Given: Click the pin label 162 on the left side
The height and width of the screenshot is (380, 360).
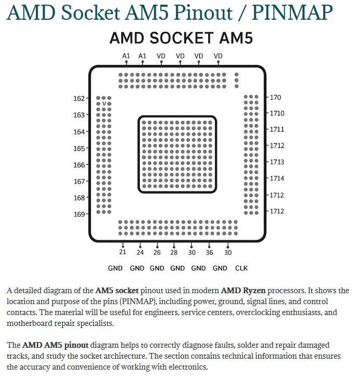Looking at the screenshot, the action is tap(79, 99).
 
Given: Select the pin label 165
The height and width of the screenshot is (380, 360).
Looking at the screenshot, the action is tap(79, 148).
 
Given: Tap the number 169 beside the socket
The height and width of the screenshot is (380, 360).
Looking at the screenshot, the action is tap(79, 214).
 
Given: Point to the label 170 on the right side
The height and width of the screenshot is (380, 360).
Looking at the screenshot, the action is tap(276, 97).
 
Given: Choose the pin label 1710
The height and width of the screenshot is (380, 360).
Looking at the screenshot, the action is tap(277, 113).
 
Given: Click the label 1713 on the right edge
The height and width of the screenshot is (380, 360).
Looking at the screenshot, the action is tap(277, 162).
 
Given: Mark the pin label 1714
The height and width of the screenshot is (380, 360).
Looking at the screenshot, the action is tap(277, 178).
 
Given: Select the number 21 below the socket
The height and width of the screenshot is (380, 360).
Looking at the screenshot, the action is tap(122, 252).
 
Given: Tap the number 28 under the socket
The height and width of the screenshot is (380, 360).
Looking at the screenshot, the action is tap(174, 253).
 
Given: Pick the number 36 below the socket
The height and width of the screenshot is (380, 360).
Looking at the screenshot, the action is tap(209, 253).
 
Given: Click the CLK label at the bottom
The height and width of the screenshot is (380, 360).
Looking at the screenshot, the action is tap(241, 268).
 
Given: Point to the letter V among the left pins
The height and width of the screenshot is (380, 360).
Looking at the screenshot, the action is tap(104, 104).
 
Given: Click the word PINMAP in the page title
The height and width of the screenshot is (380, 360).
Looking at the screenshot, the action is tap(292, 12).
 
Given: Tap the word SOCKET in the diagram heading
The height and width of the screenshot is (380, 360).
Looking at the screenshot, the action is tap(182, 38).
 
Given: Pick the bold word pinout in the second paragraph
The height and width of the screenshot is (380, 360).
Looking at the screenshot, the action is tap(76, 345).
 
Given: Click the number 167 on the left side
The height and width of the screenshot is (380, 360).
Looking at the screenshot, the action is tap(79, 181).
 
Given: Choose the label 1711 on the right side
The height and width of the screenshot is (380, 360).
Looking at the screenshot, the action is tap(277, 129).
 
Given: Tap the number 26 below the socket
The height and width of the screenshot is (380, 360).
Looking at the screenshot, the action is tap(157, 253).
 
